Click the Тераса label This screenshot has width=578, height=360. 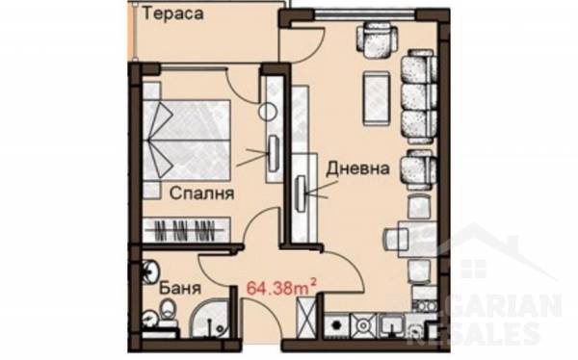(x=172, y=14)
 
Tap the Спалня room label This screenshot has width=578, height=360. (x=201, y=193)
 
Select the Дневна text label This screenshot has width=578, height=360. (x=358, y=168)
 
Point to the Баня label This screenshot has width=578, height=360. (x=180, y=288)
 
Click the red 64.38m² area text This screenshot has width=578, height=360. (x=281, y=287)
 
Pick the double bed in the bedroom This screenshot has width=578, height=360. (x=187, y=140)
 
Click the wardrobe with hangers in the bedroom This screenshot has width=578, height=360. (x=187, y=230)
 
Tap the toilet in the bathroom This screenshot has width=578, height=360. (x=169, y=308)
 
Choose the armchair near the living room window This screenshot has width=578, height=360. (x=378, y=39)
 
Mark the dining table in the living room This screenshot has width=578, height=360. (x=417, y=240)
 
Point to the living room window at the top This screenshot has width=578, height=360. (x=365, y=14)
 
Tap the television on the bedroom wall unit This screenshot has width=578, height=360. (x=274, y=153)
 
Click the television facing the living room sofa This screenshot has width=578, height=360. (x=302, y=193)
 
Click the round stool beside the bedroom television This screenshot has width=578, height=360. (x=268, y=112)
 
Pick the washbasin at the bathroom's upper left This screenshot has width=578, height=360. (x=151, y=270)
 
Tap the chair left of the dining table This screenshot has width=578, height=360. (x=397, y=239)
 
